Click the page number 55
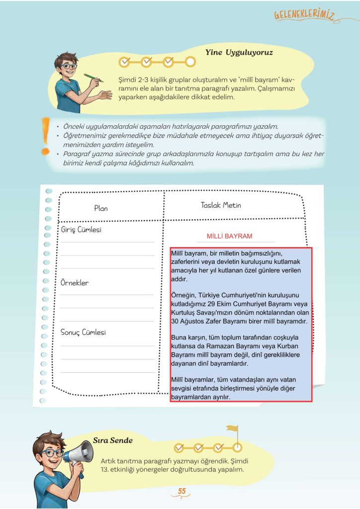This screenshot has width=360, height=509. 181,492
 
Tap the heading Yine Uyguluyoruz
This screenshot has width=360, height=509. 239,52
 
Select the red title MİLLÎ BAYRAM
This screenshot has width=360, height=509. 230,236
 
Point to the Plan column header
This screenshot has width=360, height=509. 101,208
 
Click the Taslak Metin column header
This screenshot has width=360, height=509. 221,205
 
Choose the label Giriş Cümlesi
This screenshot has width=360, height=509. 81,230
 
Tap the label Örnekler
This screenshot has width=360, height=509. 75,283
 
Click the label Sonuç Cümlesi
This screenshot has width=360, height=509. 83,332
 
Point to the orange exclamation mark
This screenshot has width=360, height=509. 46,135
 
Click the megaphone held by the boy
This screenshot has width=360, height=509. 79,454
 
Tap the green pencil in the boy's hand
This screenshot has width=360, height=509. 93,78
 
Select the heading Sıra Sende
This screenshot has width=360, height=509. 113,440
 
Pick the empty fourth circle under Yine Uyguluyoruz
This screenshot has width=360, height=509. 190,62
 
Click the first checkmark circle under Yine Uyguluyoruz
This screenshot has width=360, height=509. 125,62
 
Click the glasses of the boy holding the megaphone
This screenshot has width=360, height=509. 51,453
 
